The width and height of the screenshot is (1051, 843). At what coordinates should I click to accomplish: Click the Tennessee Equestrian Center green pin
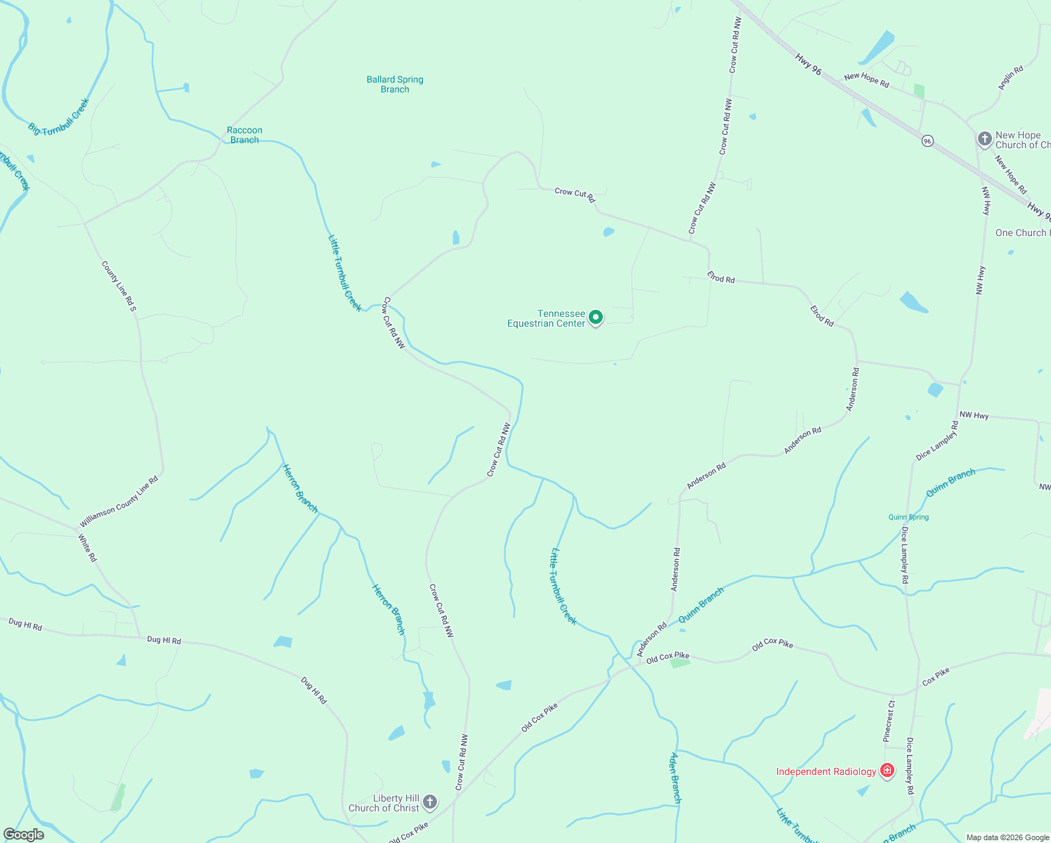click(x=596, y=318)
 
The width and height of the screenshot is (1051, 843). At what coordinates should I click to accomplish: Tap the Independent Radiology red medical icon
click(x=887, y=771)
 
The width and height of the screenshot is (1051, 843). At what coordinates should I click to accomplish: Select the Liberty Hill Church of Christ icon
click(x=430, y=802)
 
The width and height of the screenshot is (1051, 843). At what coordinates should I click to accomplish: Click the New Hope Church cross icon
click(x=985, y=139)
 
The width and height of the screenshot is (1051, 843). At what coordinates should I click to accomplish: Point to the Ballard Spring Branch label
click(x=395, y=84)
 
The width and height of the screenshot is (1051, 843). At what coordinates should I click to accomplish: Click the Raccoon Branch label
click(x=244, y=135)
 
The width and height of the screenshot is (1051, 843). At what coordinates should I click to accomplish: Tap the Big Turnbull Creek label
click(x=59, y=117)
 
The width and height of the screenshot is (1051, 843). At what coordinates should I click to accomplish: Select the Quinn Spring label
click(x=908, y=517)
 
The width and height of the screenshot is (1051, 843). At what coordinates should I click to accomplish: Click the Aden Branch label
click(x=675, y=778)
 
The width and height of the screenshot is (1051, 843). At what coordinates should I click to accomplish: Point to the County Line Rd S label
click(x=119, y=287)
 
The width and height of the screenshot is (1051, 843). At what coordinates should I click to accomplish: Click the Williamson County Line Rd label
click(x=119, y=502)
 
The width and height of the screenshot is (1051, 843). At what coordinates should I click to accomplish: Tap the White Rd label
click(x=87, y=548)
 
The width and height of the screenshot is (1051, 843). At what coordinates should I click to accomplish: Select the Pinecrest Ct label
click(x=889, y=721)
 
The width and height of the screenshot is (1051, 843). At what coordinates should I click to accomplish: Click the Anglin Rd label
click(x=1011, y=78)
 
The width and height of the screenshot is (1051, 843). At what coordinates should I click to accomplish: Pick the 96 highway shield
click(x=927, y=141)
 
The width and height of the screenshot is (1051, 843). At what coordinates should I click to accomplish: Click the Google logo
click(x=24, y=835)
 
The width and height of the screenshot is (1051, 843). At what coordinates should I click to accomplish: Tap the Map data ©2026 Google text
click(x=1007, y=837)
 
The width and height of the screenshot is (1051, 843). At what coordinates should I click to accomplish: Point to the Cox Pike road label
click(x=936, y=677)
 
